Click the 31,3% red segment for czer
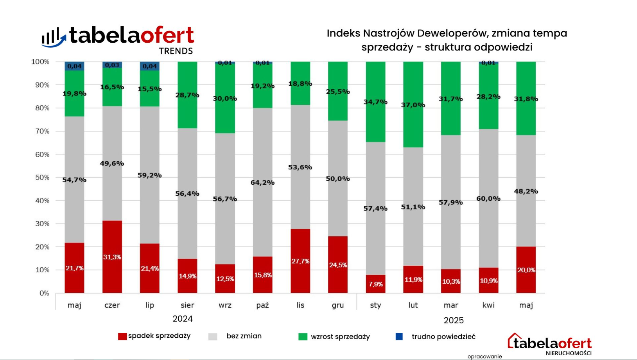click(112, 257)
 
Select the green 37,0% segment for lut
click(413, 104)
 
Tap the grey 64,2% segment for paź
click(262, 182)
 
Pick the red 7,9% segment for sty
click(375, 284)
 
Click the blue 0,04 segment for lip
click(150, 66)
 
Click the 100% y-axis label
click(40, 62)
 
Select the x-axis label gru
click(337, 305)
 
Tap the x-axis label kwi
click(488, 305)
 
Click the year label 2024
click(183, 319)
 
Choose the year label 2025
click(454, 320)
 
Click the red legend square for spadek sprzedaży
click(122, 337)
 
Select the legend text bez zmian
click(244, 336)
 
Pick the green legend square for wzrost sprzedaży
click(303, 337)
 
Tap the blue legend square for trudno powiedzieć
click(399, 337)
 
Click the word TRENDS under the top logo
click(176, 51)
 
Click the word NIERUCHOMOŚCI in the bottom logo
click(569, 353)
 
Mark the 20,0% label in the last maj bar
click(526, 270)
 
